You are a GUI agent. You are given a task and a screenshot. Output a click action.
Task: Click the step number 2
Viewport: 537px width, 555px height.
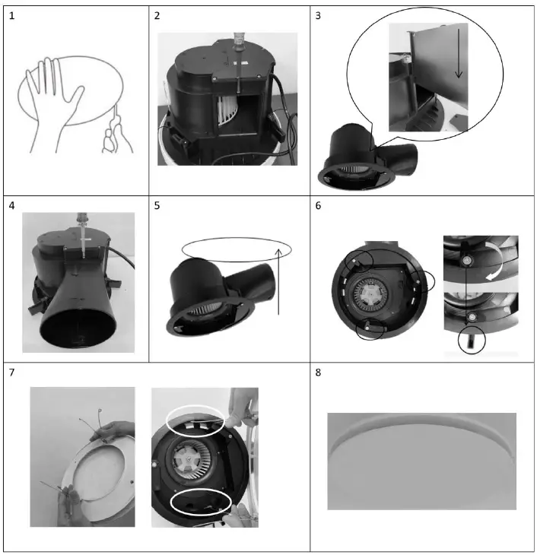pyautogui.click(x=157, y=16)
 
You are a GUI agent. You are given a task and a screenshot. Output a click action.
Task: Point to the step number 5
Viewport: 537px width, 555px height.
pyautogui.click(x=157, y=205)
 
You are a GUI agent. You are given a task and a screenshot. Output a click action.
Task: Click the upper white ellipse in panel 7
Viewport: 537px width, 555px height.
pyautogui.click(x=196, y=420)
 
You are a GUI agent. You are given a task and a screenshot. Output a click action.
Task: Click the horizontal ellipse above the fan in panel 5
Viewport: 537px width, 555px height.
pyautogui.click(x=237, y=252)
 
